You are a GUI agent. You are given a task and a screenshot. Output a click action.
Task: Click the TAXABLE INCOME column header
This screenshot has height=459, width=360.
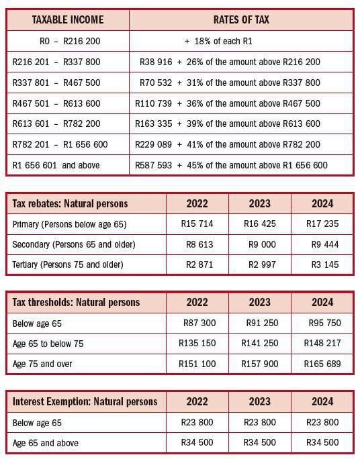click(67, 19)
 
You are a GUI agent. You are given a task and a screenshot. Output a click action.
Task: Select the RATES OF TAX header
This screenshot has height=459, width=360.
click(241, 19)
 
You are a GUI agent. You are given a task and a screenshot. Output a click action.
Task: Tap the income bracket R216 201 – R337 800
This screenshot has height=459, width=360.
click(56, 62)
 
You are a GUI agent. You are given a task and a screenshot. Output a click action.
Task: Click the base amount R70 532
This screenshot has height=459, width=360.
click(154, 83)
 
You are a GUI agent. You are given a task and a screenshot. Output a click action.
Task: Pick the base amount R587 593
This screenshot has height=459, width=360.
click(154, 164)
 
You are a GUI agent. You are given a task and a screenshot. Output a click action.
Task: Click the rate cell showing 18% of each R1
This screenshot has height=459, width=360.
click(218, 41)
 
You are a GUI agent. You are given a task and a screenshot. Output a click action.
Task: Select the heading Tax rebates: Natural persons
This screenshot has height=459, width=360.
click(71, 203)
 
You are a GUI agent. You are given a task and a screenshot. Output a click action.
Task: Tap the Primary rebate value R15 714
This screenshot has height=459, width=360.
click(199, 223)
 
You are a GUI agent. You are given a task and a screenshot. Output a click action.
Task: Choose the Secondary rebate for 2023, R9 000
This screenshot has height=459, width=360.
click(261, 244)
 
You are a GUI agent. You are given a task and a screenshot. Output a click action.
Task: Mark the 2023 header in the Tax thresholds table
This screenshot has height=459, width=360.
click(260, 303)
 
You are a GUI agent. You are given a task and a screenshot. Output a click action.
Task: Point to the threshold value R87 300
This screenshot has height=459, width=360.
click(199, 323)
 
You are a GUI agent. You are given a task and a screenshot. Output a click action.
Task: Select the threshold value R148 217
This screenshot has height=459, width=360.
click(322, 343)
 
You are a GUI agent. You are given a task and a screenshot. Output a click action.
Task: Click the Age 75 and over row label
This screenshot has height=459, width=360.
click(42, 364)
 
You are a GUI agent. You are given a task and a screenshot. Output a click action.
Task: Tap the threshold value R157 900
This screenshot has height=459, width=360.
click(259, 364)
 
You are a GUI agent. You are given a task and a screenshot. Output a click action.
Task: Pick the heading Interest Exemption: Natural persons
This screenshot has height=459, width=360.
click(85, 402)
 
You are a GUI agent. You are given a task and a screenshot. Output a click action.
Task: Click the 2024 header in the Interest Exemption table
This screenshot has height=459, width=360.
click(322, 402)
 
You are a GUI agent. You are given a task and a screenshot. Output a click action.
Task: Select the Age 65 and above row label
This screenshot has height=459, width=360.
click(46, 442)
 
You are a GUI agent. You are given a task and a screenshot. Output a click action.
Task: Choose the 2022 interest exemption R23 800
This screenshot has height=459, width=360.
click(197, 422)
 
